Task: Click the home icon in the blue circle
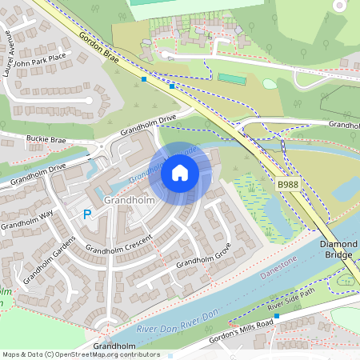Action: (x=180, y=172)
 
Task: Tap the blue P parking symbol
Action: (x=86, y=214)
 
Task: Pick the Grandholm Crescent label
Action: (x=119, y=244)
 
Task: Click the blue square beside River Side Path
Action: (x=277, y=316)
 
